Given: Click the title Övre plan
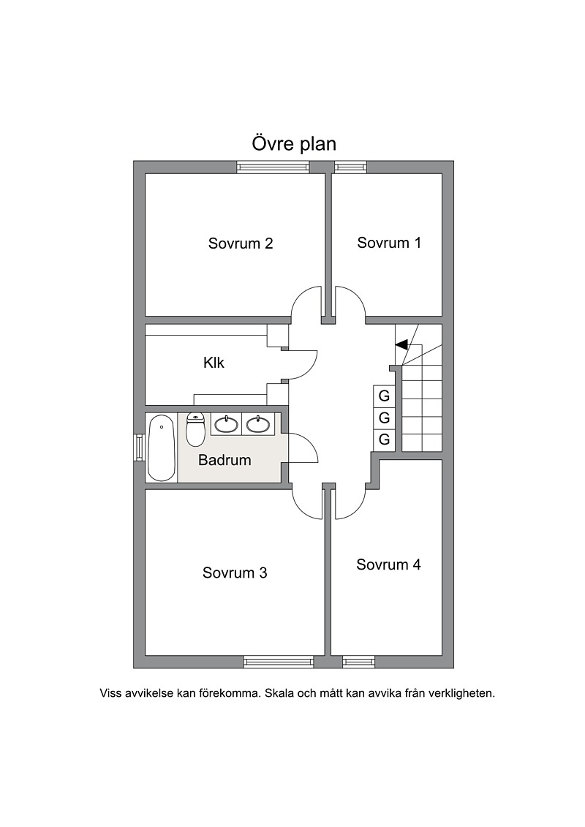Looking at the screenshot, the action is tap(294, 144).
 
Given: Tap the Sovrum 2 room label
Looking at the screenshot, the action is tap(241, 243).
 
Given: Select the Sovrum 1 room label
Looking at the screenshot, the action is tap(389, 243).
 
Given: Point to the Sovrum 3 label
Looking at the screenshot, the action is tap(235, 573).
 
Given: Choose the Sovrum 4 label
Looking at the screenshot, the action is tap(389, 564).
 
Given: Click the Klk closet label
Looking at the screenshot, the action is tap(214, 363).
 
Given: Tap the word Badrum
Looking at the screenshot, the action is tap(224, 460).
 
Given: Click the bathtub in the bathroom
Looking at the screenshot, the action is tap(162, 448).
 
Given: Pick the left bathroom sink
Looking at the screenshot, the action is tap(227, 424).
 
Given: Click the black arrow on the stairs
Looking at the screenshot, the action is tap(401, 344).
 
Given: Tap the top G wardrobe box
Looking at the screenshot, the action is tap(384, 396).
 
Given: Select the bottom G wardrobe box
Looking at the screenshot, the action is tap(384, 439).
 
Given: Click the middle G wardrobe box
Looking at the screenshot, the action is tap(384, 418).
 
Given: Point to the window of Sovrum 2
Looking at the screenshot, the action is tap(273, 167).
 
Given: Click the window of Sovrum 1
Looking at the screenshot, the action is tap(350, 167).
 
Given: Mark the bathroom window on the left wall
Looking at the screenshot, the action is tap(139, 448).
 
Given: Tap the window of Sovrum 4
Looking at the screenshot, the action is tap(359, 662).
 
